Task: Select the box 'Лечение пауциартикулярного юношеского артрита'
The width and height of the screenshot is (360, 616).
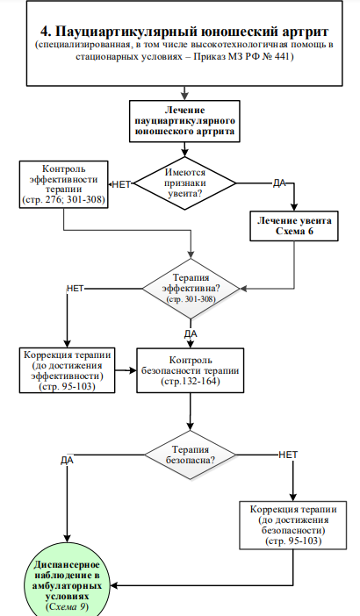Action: (184, 121)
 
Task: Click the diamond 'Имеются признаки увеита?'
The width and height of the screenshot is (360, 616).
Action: (184, 183)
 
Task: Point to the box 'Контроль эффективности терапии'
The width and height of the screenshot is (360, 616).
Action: (64, 184)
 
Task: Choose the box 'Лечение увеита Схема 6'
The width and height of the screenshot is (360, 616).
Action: (294, 226)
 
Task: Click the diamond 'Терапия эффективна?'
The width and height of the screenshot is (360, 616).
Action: (191, 289)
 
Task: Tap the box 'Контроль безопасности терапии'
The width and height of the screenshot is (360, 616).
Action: (191, 370)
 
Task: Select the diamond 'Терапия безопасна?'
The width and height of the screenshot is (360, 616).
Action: (191, 455)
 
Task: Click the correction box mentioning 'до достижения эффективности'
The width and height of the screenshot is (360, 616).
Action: (68, 370)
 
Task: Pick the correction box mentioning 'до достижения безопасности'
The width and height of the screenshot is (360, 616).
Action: (293, 526)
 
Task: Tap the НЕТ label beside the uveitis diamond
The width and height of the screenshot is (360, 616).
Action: (121, 184)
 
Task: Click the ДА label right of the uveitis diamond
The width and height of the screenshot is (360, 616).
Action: (279, 183)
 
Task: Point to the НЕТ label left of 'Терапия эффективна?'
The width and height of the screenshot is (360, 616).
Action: (75, 289)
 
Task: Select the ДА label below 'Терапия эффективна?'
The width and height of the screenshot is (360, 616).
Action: (191, 334)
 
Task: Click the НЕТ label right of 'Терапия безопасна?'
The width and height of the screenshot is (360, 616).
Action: (288, 455)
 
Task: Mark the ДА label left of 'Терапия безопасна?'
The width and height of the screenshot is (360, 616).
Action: (68, 460)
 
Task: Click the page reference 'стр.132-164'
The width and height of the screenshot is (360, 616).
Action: (191, 381)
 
